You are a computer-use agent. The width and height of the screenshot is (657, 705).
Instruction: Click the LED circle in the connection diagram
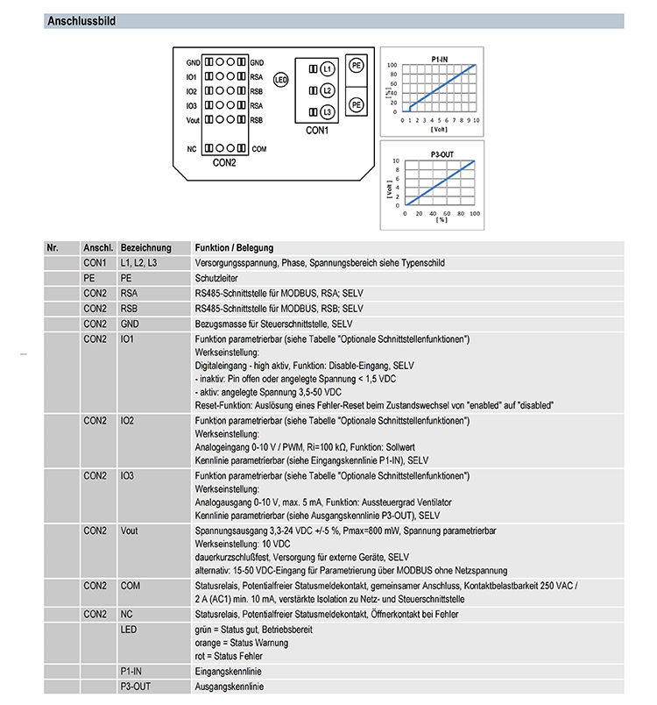[x=281, y=80]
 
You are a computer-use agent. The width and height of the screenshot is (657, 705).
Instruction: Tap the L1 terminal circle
[x=326, y=68]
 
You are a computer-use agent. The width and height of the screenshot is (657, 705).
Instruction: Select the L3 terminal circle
[x=326, y=112]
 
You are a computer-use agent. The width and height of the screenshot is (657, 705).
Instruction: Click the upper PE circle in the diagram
[x=357, y=66]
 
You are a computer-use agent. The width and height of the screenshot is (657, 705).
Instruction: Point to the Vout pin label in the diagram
[x=193, y=119]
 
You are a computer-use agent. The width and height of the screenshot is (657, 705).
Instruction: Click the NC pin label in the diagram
[x=191, y=149]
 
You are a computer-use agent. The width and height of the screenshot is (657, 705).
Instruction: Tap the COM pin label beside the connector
[x=259, y=149]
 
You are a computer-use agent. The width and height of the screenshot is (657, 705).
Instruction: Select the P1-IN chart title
[x=441, y=58]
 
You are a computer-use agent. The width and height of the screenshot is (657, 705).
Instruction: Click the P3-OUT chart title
[x=442, y=154]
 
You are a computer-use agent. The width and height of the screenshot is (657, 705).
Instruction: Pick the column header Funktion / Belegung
[x=235, y=248]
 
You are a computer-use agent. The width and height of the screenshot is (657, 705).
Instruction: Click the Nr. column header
[x=53, y=248]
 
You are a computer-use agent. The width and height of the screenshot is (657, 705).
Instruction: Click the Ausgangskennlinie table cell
[x=229, y=687]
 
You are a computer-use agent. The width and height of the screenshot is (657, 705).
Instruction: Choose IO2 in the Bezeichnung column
[x=128, y=421]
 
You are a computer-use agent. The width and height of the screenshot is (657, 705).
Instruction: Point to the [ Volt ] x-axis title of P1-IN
[x=439, y=129]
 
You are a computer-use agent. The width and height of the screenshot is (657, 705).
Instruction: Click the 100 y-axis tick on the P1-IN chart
[x=393, y=65]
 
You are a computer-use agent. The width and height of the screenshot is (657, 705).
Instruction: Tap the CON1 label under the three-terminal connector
[x=316, y=132]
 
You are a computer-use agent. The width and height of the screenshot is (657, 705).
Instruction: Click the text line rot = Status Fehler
[x=229, y=656]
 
